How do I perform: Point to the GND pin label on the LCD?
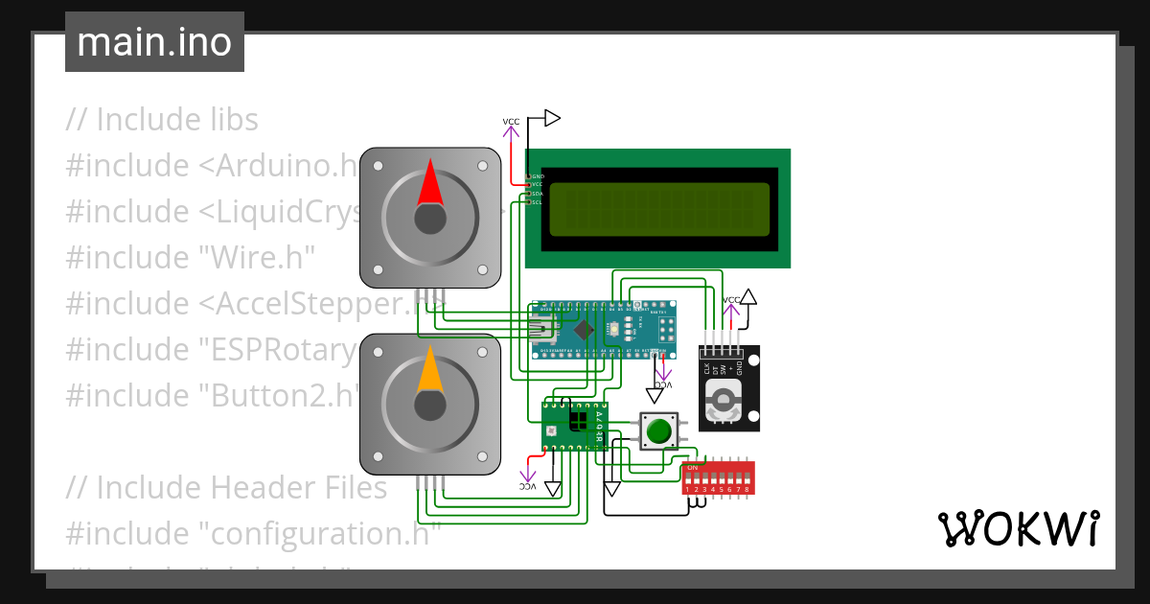tap(538, 176)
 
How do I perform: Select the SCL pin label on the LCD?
tap(538, 201)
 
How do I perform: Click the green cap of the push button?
tap(658, 431)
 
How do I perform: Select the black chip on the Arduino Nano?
tap(585, 330)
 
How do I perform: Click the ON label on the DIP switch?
tap(693, 467)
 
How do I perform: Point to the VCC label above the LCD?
tap(512, 122)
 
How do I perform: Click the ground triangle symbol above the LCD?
tap(552, 118)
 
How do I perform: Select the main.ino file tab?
tap(154, 42)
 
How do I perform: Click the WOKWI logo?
tap(1018, 528)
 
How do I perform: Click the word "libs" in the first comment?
tap(227, 120)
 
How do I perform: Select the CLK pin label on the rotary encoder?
tap(707, 368)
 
